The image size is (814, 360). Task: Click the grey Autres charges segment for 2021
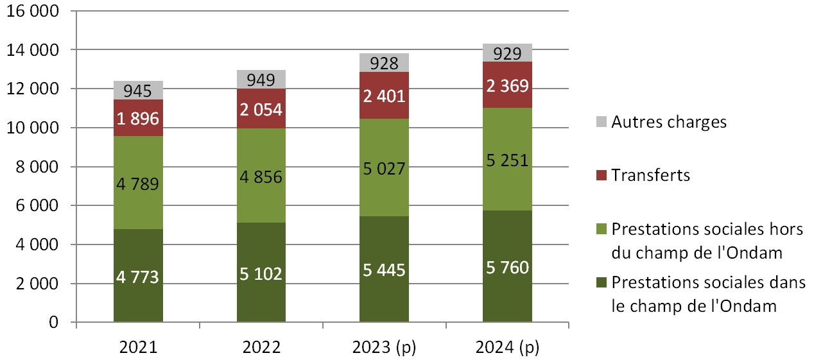pos(138,90)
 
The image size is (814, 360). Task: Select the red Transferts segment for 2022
pos(261,109)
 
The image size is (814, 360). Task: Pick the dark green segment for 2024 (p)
pos(507,266)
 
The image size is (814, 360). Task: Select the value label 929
pos(507,54)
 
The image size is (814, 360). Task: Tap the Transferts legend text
pos(651,175)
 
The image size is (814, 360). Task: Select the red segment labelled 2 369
pos(507,85)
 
